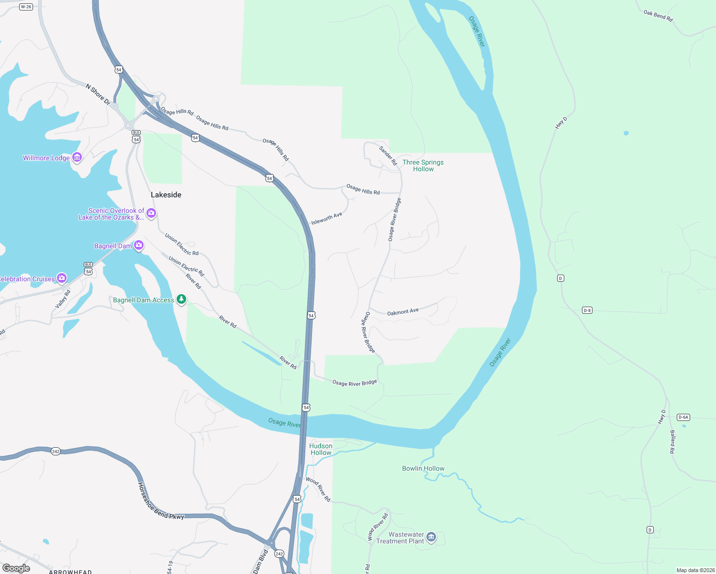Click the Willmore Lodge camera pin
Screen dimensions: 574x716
pos(77,157)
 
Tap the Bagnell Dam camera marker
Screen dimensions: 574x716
pos(139,245)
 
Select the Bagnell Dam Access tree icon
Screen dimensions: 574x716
pos(181,299)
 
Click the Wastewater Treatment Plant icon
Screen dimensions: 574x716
pos(431,537)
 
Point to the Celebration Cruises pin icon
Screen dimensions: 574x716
pos(61,278)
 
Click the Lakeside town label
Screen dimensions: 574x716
pos(166,195)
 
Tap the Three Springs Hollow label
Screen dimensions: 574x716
pos(423,166)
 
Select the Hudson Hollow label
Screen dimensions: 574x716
pos(321,449)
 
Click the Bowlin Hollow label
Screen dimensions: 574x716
pos(423,468)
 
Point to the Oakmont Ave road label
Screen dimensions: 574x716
pos(403,312)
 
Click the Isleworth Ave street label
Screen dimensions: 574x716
pos(327,219)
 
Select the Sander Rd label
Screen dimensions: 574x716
pos(388,156)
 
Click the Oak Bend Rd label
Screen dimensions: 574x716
pos(658,16)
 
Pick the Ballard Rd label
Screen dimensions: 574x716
pos(672,442)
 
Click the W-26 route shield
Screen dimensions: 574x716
pos(26,7)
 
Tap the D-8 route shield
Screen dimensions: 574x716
pos(587,310)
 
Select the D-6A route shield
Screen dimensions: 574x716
pos(683,418)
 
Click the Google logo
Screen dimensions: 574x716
pos(16,568)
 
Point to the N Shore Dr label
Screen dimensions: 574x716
pos(98,95)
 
